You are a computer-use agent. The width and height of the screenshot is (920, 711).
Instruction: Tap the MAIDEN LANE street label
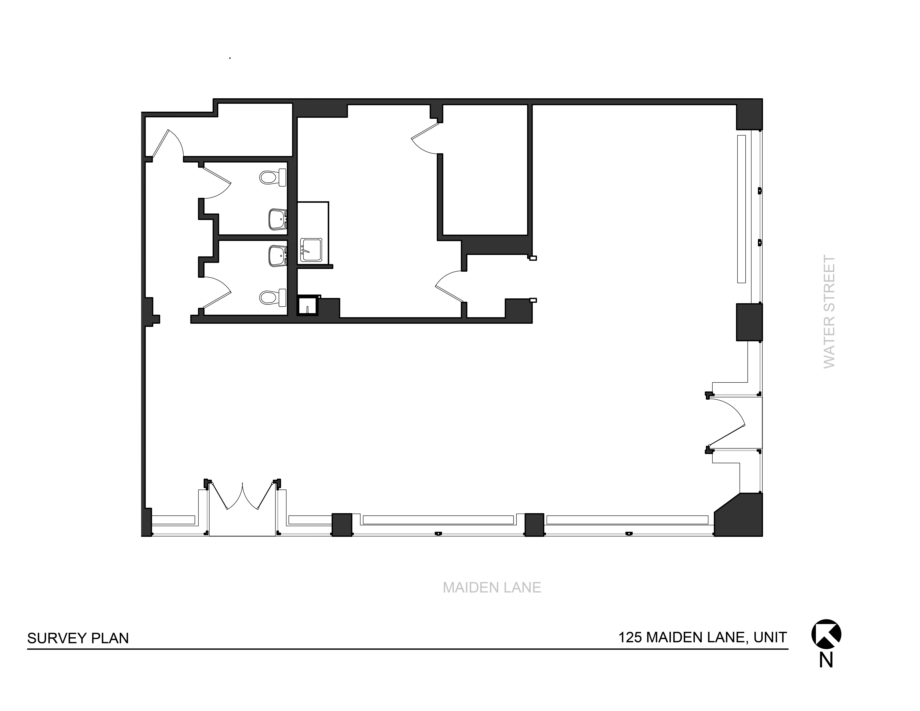pos(492,588)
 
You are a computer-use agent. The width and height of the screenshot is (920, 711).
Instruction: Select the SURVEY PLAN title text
pos(78,639)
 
